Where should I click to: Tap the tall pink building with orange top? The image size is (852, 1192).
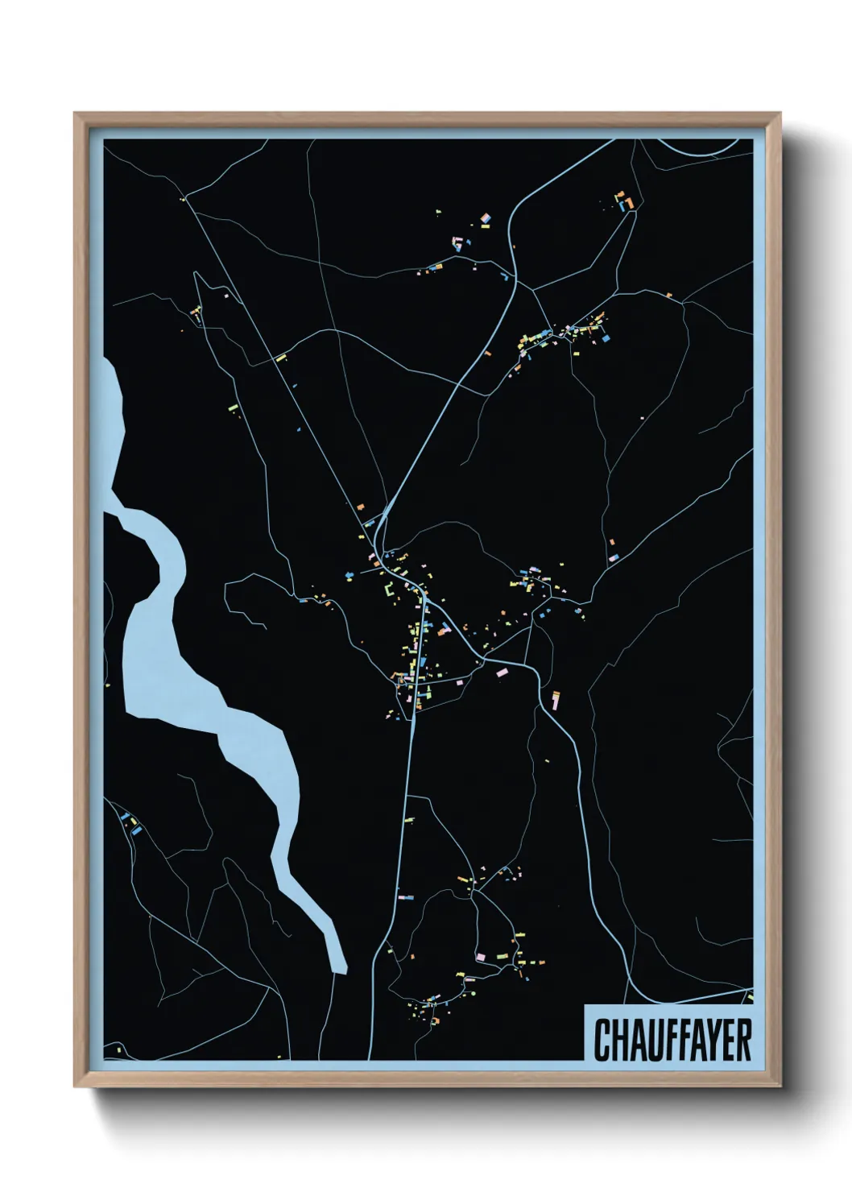555,697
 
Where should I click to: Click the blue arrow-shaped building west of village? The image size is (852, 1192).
349,574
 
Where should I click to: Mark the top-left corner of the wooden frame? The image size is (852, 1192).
76,114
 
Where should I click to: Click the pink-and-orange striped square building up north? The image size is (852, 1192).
486,217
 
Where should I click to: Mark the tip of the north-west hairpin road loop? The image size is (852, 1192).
196,274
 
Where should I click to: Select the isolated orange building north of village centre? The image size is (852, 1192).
361,506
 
